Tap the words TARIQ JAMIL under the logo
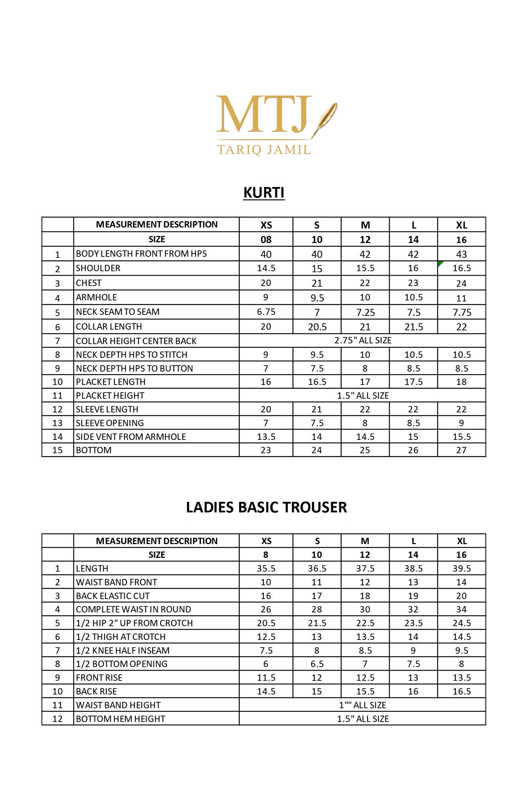click(x=264, y=150)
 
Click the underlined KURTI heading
click(x=264, y=193)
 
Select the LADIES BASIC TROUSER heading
click(x=266, y=507)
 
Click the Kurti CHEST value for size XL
click(x=461, y=283)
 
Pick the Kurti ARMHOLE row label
click(x=96, y=298)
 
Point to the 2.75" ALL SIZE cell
click(x=363, y=341)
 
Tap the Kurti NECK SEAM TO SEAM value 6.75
click(x=266, y=312)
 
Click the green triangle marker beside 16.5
click(x=440, y=263)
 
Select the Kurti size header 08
click(x=266, y=240)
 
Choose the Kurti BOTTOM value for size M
click(x=365, y=450)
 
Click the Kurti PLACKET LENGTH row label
click(x=111, y=382)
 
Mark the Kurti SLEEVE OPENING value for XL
click(x=461, y=423)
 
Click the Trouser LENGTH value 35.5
click(x=266, y=568)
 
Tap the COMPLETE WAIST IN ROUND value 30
click(x=365, y=609)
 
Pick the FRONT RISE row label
click(x=99, y=678)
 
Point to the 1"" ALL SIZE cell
click(x=363, y=705)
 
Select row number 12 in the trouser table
click(x=57, y=719)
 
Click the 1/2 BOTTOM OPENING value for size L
click(x=413, y=664)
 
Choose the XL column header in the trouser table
click(x=461, y=541)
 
